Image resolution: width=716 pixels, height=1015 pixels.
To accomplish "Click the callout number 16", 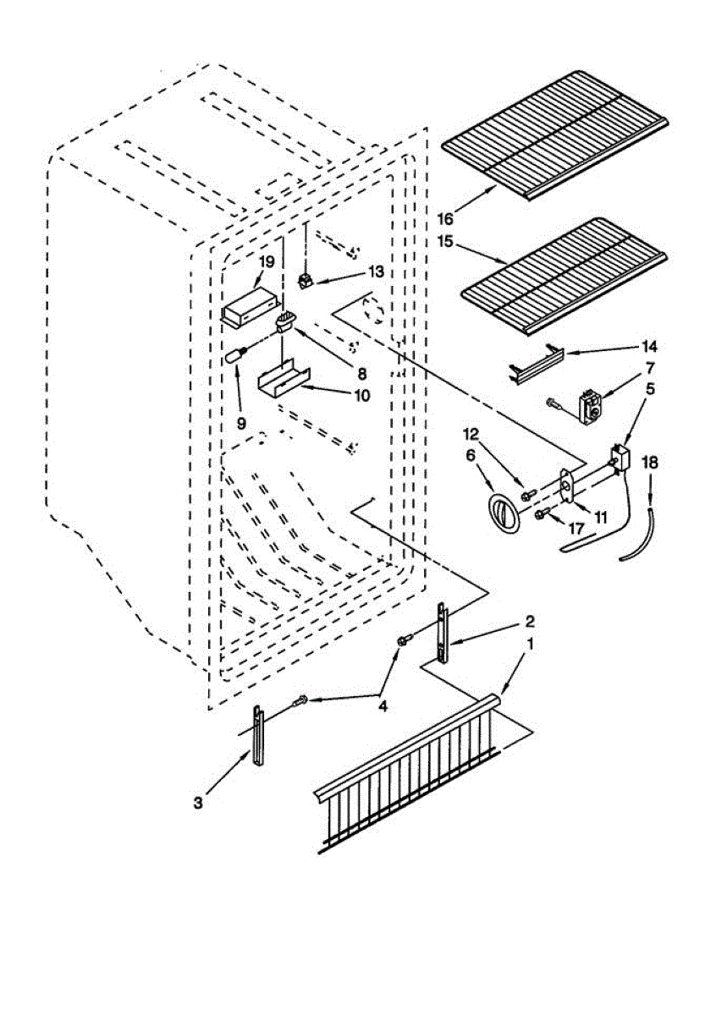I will [x=446, y=218].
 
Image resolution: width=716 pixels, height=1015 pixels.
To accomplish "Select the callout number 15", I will [x=446, y=242].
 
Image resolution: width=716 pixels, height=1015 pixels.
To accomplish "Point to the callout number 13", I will [x=376, y=272].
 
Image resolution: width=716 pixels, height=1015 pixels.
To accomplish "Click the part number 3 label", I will [x=197, y=803].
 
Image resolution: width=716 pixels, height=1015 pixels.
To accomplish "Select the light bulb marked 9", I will [x=235, y=356].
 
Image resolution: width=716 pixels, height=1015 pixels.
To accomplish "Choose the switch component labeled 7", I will [x=587, y=406].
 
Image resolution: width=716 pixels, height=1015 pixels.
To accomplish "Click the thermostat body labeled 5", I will [x=620, y=459].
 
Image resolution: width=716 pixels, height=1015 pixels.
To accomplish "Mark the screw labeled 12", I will [x=526, y=494].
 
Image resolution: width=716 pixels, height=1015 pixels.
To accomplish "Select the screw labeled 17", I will [x=541, y=513].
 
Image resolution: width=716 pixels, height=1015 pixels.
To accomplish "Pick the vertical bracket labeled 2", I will [x=441, y=635].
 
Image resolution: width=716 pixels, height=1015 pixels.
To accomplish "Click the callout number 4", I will [x=383, y=707].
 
